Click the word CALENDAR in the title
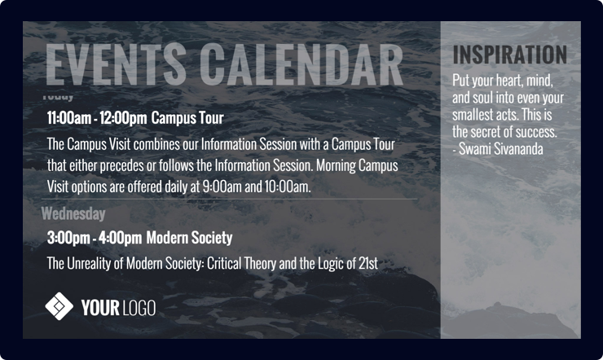click(x=301, y=64)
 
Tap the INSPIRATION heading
click(x=509, y=55)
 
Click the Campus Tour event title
click(x=187, y=118)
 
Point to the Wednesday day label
click(x=73, y=214)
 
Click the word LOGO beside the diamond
click(x=139, y=308)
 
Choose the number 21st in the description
click(x=367, y=264)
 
